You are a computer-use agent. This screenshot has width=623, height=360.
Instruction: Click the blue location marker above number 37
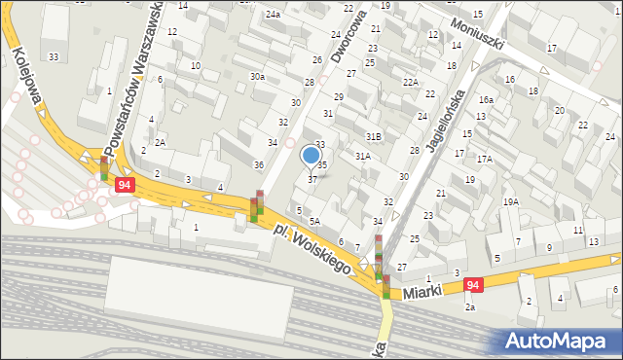pyautogui.click(x=311, y=155)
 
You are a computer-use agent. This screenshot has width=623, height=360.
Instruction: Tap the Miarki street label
pyautogui.click(x=423, y=291)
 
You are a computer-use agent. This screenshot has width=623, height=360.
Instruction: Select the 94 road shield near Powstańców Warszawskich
pyautogui.click(x=124, y=184)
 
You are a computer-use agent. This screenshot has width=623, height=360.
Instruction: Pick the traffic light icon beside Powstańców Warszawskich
pyautogui.click(x=104, y=168)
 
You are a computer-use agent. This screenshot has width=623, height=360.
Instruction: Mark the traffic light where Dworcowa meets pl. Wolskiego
pyautogui.click(x=257, y=207)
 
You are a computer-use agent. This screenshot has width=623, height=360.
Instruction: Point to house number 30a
pyautogui.click(x=257, y=76)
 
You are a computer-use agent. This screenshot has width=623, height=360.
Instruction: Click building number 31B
pyautogui.click(x=373, y=136)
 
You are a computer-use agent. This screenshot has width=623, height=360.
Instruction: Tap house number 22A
pyautogui.click(x=411, y=83)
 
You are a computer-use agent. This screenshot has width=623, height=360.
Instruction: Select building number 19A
pyautogui.click(x=510, y=201)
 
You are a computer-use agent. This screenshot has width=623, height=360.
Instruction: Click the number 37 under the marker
pyautogui.click(x=311, y=179)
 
